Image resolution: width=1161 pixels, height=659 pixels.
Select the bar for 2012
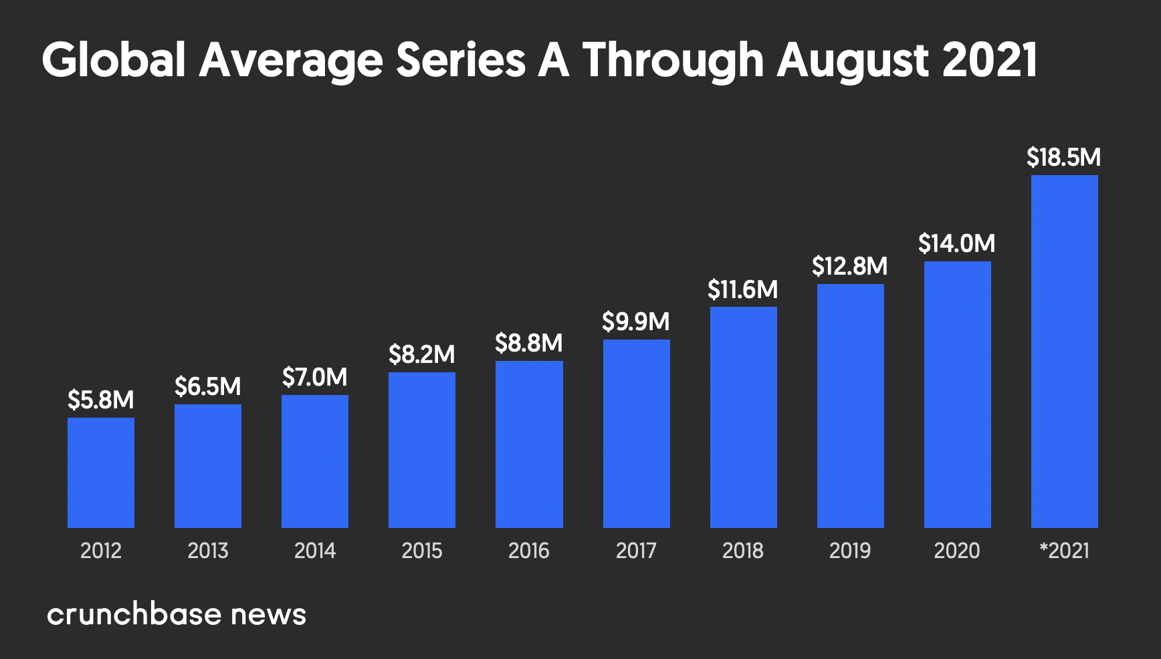[x=101, y=473]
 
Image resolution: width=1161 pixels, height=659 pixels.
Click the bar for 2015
[x=422, y=450]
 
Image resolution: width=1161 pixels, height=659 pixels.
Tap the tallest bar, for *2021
[x=1064, y=351]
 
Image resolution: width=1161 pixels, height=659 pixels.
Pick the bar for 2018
[x=743, y=417]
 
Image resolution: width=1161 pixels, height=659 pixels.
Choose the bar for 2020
[x=957, y=394]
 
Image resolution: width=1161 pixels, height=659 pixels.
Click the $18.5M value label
[x=1063, y=158]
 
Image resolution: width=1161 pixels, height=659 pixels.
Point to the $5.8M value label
[x=101, y=400]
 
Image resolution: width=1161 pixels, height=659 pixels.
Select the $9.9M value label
[x=635, y=321]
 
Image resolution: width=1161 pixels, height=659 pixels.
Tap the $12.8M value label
[x=849, y=266]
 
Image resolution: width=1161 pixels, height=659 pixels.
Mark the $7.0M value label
[x=314, y=377]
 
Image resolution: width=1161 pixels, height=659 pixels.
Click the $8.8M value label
[x=528, y=343]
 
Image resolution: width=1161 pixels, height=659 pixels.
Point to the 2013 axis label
[x=208, y=551]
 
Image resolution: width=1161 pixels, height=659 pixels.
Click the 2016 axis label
[x=528, y=551]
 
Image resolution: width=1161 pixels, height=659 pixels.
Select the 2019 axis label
[x=849, y=551]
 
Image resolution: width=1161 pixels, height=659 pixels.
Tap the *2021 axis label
[x=1064, y=551]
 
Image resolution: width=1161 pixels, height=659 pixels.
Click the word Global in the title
[x=113, y=60]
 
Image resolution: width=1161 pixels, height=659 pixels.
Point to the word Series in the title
[x=461, y=60]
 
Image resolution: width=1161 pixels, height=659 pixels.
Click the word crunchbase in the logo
[x=134, y=614]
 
